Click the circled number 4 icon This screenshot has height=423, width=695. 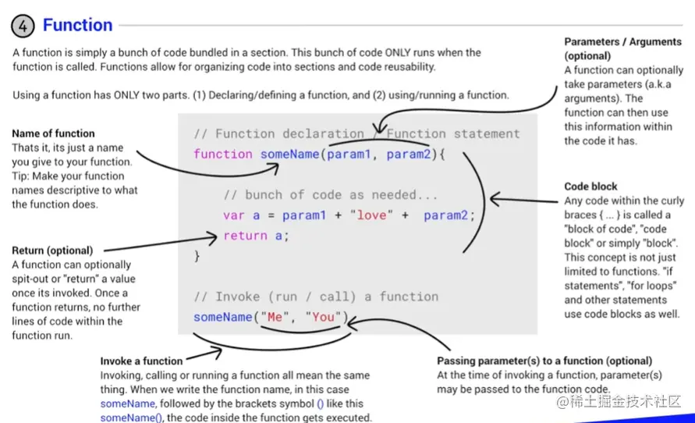click(23, 27)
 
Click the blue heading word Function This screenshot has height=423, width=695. click(77, 25)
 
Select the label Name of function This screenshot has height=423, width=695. click(53, 133)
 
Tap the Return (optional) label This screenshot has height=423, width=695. click(52, 251)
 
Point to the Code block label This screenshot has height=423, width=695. click(590, 187)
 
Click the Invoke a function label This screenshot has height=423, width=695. click(141, 361)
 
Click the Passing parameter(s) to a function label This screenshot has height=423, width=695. click(544, 361)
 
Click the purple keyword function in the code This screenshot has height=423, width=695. click(223, 154)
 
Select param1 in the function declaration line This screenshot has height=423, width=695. click(349, 154)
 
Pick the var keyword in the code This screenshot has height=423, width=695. click(234, 215)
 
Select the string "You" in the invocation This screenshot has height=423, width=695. click(323, 317)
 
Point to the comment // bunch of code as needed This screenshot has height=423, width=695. click(331, 194)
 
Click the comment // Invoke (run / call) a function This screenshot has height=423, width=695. click(316, 297)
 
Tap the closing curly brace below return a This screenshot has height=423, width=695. click(197, 255)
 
